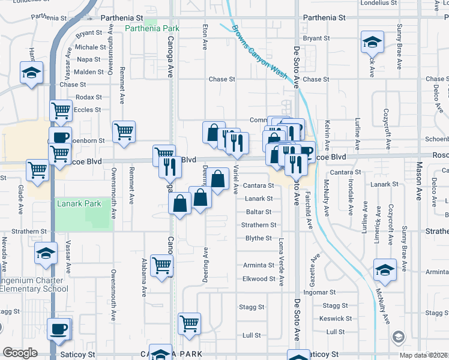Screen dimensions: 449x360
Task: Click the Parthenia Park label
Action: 152,28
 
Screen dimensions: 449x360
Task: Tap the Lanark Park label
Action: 79,204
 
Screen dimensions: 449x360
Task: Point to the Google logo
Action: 20,353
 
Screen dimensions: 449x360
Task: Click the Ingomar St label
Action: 318,293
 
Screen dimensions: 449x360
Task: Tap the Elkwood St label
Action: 259,279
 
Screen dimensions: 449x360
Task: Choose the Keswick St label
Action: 336,319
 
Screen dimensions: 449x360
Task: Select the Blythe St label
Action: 259,238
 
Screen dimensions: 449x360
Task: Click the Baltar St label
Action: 259,212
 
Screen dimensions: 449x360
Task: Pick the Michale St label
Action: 91,47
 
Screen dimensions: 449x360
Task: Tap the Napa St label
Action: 89,59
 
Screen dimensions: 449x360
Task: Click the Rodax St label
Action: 89,97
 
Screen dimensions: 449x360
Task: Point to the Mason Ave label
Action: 418,180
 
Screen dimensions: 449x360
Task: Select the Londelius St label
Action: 379,3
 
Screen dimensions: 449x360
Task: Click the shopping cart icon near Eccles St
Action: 61,110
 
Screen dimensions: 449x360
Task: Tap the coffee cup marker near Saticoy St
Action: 59,329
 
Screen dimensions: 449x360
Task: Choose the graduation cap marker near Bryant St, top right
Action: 372,43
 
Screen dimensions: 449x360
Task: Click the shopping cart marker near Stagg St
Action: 189,323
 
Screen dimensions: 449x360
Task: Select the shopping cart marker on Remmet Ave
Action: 124,131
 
